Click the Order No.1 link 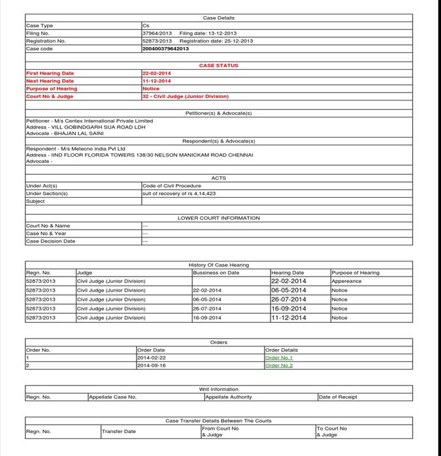click(x=279, y=357)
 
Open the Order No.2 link click(x=279, y=365)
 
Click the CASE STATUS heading click(x=218, y=65)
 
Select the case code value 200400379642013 click(x=165, y=48)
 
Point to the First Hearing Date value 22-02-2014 click(x=157, y=73)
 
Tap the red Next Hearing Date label click(x=50, y=81)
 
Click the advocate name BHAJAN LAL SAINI click(x=78, y=133)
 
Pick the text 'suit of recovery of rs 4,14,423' click(x=179, y=194)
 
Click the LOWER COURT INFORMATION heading click(x=218, y=218)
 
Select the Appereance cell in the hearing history click(x=346, y=281)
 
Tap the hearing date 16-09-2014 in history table click(x=288, y=309)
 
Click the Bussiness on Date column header click(x=216, y=273)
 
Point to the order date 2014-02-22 click(x=152, y=357)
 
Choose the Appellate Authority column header click(x=229, y=397)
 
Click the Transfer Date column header click(x=119, y=431)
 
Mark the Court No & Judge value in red click(x=186, y=96)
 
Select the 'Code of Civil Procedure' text click(x=172, y=186)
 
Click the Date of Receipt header click(x=338, y=397)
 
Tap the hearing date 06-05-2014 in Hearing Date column click(x=288, y=290)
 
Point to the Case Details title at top click(x=218, y=18)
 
